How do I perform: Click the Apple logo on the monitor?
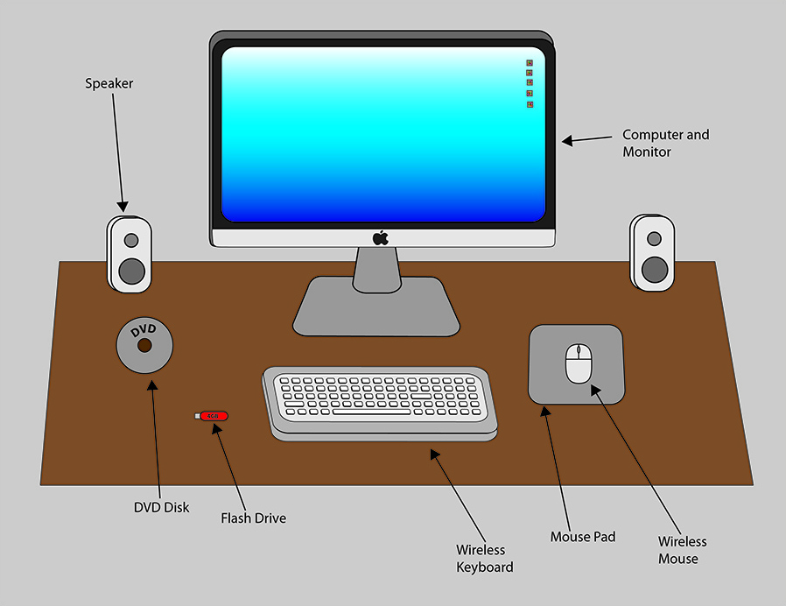(x=380, y=237)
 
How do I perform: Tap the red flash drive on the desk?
(x=211, y=416)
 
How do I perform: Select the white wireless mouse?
(x=579, y=363)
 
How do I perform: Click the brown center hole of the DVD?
(x=144, y=346)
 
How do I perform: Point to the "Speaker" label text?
(x=109, y=84)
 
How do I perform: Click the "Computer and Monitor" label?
(x=665, y=144)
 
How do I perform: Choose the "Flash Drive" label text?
(x=253, y=518)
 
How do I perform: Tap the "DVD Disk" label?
(x=161, y=507)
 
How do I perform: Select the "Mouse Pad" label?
(x=582, y=536)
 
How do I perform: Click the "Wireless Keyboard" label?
(x=484, y=559)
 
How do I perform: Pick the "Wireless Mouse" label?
(x=682, y=550)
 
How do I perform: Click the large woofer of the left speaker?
(x=130, y=271)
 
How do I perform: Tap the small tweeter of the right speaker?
(x=653, y=238)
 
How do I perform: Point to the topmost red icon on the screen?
(x=530, y=63)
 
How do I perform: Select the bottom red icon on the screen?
(x=530, y=104)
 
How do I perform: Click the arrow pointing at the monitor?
(x=586, y=139)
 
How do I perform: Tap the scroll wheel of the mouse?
(x=578, y=354)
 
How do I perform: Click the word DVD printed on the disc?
(x=144, y=330)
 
